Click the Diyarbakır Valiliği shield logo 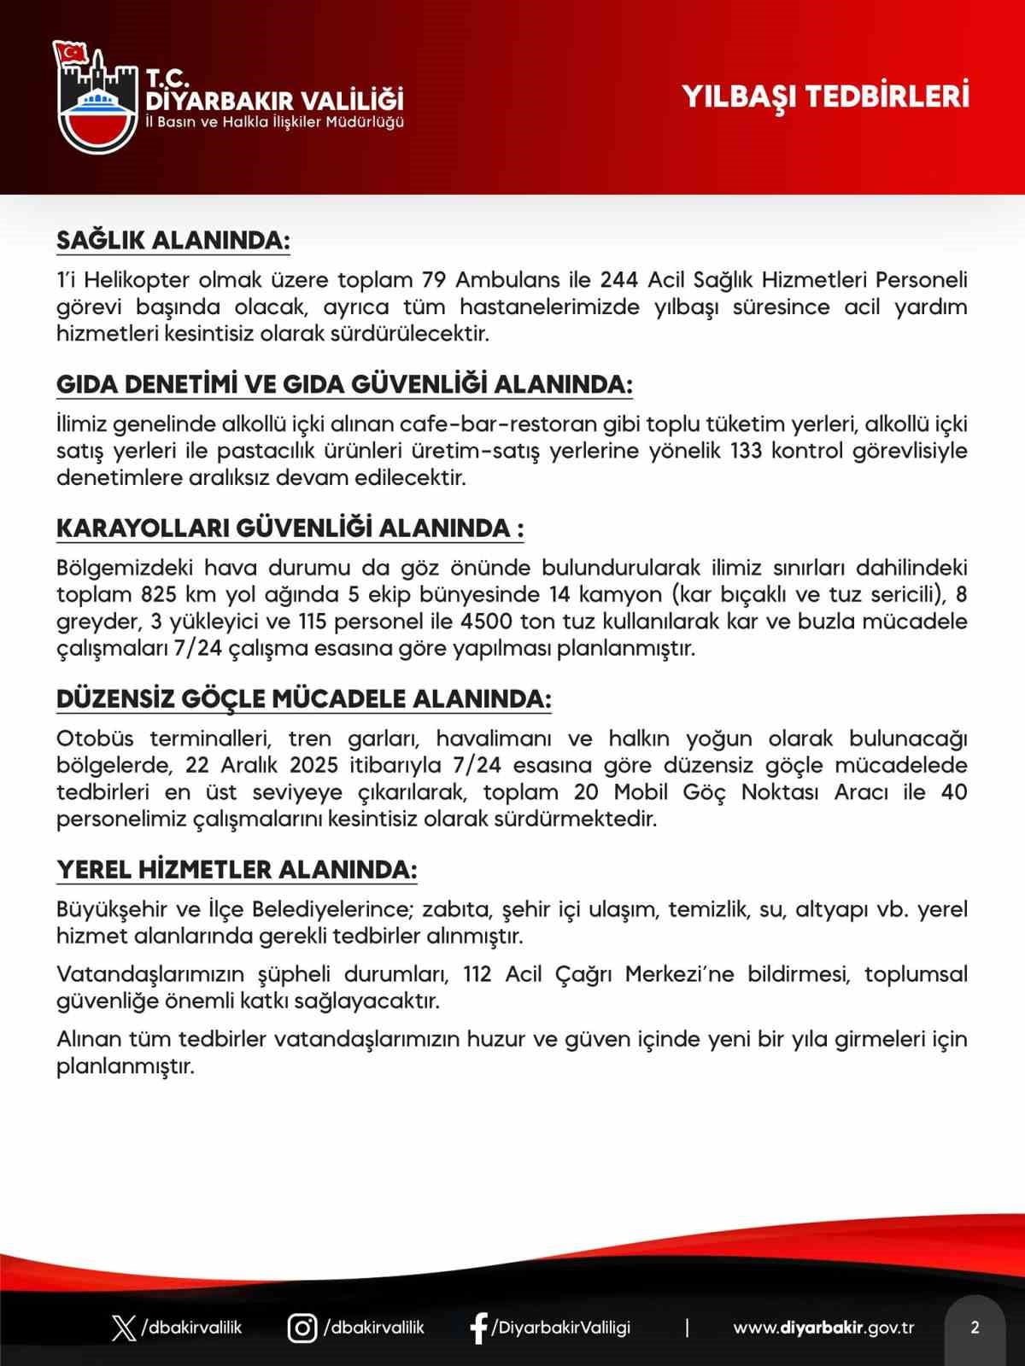click(95, 96)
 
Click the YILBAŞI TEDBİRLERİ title click(825, 96)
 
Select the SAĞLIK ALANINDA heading click(173, 241)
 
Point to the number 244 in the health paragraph click(620, 280)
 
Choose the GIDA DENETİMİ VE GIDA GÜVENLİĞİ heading click(344, 385)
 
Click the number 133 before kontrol click(747, 451)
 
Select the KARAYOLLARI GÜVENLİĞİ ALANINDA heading click(290, 528)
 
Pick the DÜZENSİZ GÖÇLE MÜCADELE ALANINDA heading click(303, 699)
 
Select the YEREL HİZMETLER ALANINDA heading click(237, 870)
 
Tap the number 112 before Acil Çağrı click(477, 975)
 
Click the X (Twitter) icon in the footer click(125, 1328)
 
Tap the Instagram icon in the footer click(302, 1328)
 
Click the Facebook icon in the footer click(479, 1328)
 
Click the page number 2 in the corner click(975, 1328)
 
